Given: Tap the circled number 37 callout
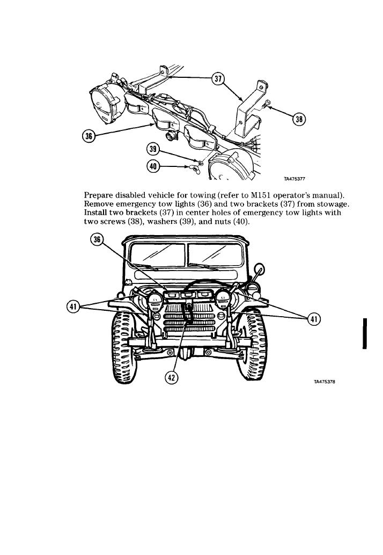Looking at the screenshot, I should coord(217,79).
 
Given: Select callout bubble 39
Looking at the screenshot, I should coord(153,149).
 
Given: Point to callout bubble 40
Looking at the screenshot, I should coord(153,166).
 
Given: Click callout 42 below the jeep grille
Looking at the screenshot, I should coord(172,377).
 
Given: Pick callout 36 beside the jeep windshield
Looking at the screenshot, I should coord(97,240).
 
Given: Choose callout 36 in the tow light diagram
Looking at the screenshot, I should coord(89,136).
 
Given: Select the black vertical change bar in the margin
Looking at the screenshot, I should coord(365,333).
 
